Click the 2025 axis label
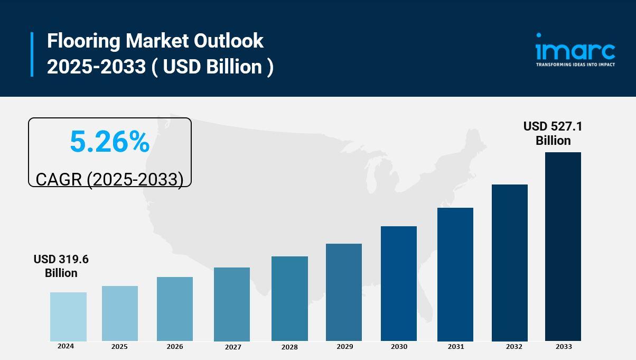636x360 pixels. pyautogui.click(x=119, y=347)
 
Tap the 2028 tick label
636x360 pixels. pyautogui.click(x=289, y=347)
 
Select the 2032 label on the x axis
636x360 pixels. pyautogui.click(x=514, y=347)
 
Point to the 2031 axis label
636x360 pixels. pyautogui.click(x=456, y=347)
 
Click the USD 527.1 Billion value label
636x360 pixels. pyautogui.click(x=553, y=133)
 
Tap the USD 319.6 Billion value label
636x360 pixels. pyautogui.click(x=61, y=266)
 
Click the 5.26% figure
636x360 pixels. pyautogui.click(x=110, y=142)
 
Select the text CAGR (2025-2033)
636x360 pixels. pyautogui.click(x=109, y=179)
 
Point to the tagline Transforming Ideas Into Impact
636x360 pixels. pyautogui.click(x=575, y=64)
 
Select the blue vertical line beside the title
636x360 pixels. pyautogui.click(x=32, y=54)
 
